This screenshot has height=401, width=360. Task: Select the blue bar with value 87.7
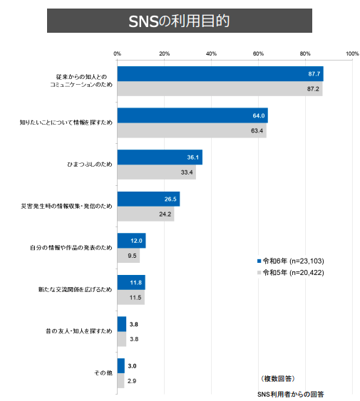click(220, 74)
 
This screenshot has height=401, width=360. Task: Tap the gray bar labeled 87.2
click(219, 89)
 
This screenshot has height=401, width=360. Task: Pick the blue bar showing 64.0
click(192, 115)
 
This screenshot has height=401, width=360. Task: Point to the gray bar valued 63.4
click(191, 130)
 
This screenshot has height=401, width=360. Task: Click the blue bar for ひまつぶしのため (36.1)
click(159, 157)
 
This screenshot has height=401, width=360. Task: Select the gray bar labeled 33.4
click(156, 172)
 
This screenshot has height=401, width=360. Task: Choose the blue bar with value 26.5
click(148, 199)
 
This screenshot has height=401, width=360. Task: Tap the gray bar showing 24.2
click(145, 214)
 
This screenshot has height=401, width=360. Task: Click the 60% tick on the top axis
click(258, 54)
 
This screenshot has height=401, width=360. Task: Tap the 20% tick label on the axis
click(164, 54)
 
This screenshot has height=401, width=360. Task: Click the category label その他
click(105, 373)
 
